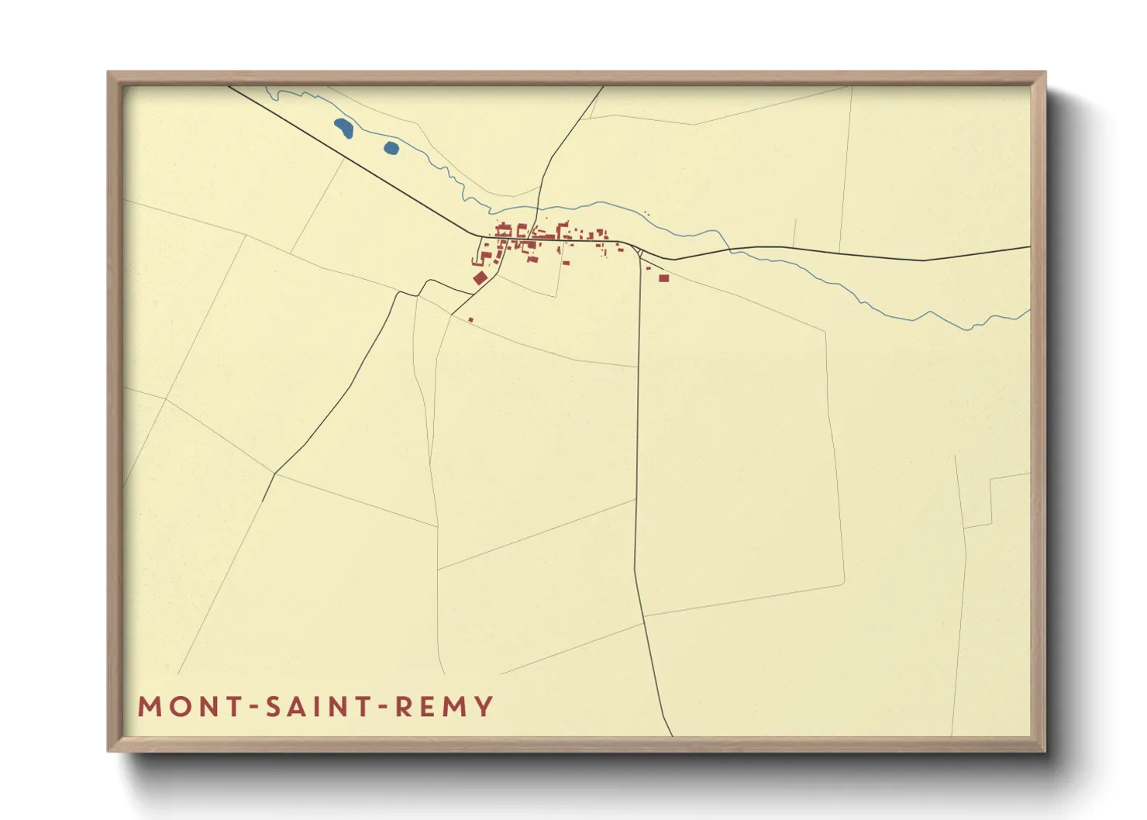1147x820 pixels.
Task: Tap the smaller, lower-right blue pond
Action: pyautogui.click(x=391, y=147)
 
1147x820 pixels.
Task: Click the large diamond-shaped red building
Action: pyautogui.click(x=480, y=277)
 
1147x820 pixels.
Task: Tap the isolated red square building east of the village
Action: pyautogui.click(x=663, y=277)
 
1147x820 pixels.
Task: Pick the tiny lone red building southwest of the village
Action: pyautogui.click(x=470, y=319)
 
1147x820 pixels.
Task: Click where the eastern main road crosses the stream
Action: pyautogui.click(x=729, y=249)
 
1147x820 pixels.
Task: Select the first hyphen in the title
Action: pyautogui.click(x=253, y=708)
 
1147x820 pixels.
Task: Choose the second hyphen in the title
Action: pyautogui.click(x=382, y=708)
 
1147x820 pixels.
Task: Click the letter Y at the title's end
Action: pyautogui.click(x=484, y=707)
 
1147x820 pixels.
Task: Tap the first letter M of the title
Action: pyautogui.click(x=148, y=707)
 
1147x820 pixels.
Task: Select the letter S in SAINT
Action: pyautogui.click(x=274, y=707)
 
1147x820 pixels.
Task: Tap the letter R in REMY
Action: pyautogui.click(x=402, y=707)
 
